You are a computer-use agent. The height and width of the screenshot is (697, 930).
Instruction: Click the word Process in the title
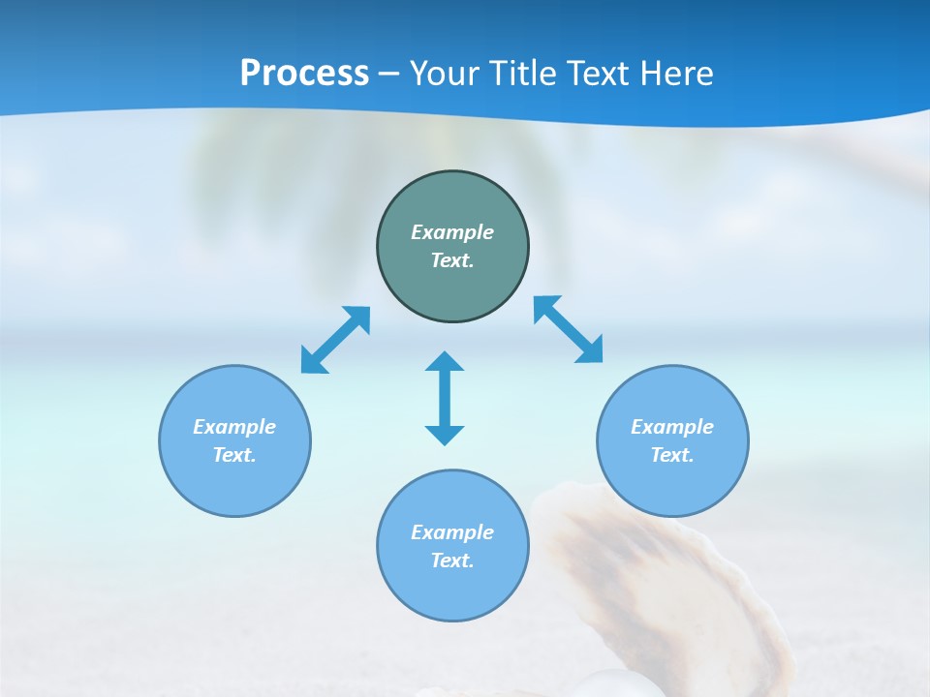pos(304,74)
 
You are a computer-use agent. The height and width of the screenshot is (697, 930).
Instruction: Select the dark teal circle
pos(452,290)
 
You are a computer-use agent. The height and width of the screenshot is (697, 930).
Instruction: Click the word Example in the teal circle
pos(452,232)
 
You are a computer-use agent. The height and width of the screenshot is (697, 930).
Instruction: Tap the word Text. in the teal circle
pos(452,260)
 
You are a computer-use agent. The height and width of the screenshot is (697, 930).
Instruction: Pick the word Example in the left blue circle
pos(234,427)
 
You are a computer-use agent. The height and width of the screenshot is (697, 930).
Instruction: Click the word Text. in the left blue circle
pos(234,455)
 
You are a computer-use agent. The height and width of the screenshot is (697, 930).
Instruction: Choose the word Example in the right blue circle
pos(672,427)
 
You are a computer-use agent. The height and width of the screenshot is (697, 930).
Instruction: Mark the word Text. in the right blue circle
pos(672,455)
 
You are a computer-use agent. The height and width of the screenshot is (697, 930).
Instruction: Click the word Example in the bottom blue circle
pos(452,532)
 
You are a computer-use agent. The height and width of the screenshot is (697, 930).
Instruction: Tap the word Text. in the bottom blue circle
pos(452,561)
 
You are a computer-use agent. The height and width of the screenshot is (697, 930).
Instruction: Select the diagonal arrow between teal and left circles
pos(335,340)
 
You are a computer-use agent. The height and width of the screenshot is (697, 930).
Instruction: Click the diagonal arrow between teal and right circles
pos(569,329)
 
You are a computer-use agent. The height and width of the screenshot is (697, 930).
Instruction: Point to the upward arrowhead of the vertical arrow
pos(445,362)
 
